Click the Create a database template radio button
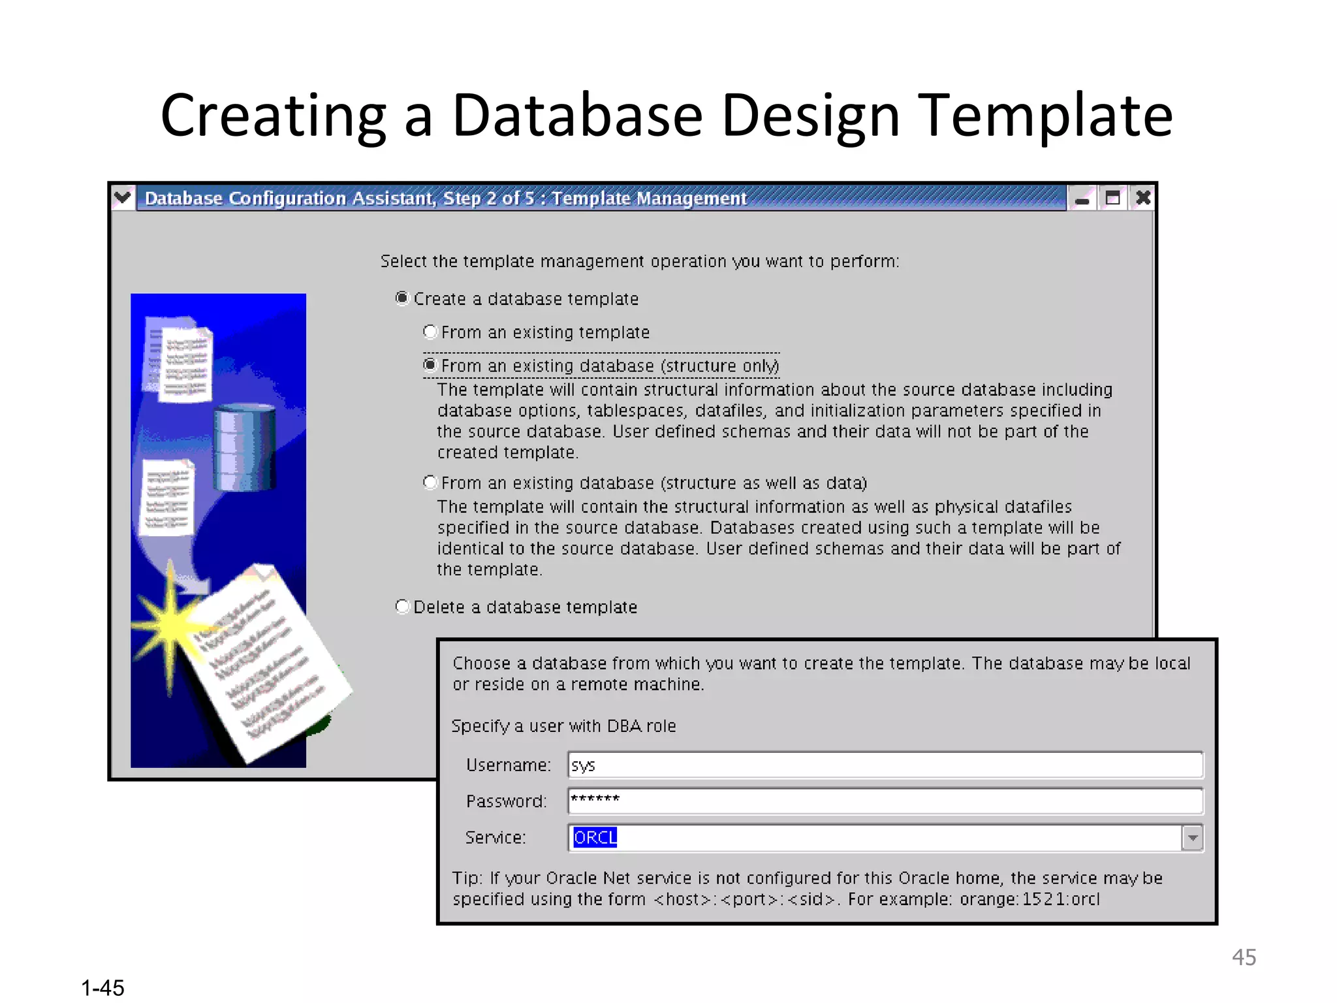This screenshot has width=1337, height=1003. [402, 298]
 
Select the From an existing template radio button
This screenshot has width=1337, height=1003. [430, 332]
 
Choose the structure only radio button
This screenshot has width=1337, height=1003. [430, 365]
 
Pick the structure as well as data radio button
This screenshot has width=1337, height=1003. [430, 483]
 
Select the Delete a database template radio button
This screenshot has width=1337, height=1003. [402, 607]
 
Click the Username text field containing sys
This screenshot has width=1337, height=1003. [885, 765]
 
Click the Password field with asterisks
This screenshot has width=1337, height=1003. [885, 801]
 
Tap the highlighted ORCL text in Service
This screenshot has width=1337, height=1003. [595, 837]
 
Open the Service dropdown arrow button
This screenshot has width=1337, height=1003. [1192, 837]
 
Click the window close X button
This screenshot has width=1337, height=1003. [1142, 198]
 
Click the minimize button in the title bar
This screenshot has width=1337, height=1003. [1082, 198]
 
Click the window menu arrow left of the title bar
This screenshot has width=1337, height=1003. [122, 197]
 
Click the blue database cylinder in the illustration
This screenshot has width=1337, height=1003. [244, 447]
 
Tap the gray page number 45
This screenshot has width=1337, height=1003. [1244, 957]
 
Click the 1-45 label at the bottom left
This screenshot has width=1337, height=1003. [102, 987]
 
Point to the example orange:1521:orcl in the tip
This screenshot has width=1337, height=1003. [1029, 899]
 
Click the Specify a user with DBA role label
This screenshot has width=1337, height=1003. [563, 726]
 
